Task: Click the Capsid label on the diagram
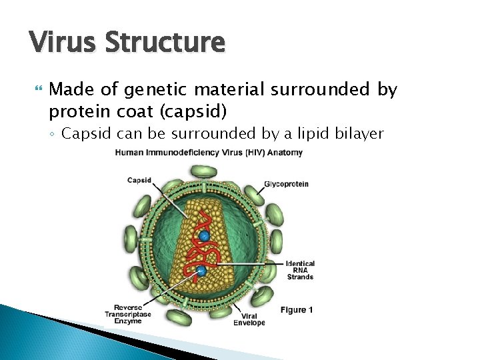click(x=140, y=180)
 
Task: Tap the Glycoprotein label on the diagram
click(x=286, y=184)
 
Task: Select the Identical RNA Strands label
click(x=300, y=270)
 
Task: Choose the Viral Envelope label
click(x=249, y=319)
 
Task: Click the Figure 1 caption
click(x=297, y=309)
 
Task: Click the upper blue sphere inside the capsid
click(x=205, y=236)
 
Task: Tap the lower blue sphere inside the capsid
click(x=201, y=271)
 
